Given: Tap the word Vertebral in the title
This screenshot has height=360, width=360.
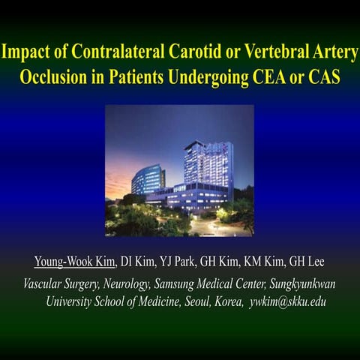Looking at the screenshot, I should coord(271,54).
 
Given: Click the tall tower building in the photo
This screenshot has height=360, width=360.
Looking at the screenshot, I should coord(208,161).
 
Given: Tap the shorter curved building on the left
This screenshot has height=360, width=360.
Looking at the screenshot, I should coord(148,180).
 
